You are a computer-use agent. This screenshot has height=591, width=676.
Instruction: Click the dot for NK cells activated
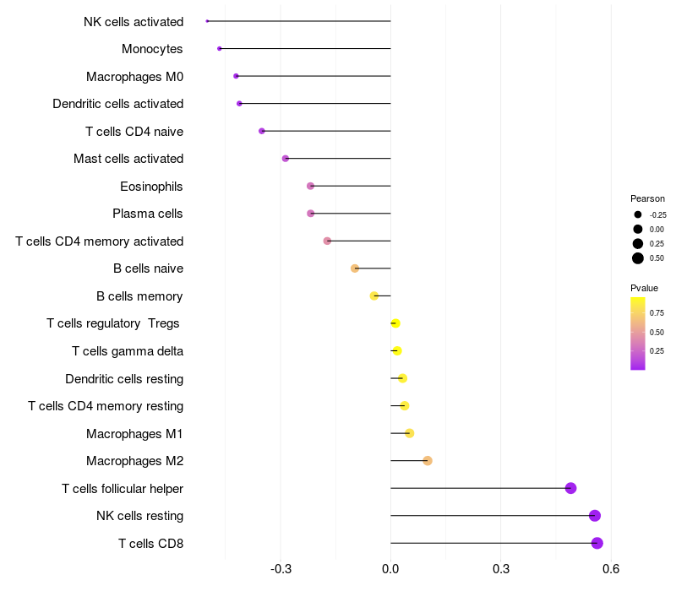[x=207, y=21]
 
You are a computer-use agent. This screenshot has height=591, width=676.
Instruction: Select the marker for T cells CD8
[x=597, y=543]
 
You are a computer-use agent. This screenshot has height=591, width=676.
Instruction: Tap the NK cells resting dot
[x=595, y=516]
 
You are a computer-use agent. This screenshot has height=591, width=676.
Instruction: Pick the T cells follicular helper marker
[x=571, y=488]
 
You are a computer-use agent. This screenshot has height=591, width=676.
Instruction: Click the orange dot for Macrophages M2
[x=428, y=461]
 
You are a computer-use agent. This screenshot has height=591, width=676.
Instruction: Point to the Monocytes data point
[x=220, y=49]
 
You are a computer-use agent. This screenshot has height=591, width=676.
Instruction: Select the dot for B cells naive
[x=355, y=268]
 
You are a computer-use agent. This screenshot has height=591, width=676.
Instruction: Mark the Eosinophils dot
[x=310, y=186]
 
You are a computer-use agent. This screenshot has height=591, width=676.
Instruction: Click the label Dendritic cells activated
[x=118, y=104]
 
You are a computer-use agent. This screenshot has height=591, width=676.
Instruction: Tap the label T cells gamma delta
[x=128, y=351]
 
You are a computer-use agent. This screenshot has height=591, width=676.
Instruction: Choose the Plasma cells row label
[x=147, y=214]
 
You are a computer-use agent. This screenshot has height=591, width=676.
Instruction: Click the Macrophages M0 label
[x=135, y=77]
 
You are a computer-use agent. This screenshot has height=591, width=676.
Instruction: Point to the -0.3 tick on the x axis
[x=281, y=569]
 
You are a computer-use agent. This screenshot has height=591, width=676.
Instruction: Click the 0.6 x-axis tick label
[x=611, y=569]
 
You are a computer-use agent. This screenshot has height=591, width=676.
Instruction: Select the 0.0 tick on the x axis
[x=390, y=569]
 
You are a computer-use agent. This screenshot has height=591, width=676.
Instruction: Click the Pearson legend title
[x=647, y=198]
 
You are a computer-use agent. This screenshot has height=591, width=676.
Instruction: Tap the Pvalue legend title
[x=644, y=288]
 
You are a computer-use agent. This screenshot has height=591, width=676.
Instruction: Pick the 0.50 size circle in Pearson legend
[x=638, y=258]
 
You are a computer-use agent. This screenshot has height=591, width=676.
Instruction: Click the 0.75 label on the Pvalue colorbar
[x=657, y=313]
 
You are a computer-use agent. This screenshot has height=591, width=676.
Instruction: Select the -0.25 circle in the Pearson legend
[x=638, y=214]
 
